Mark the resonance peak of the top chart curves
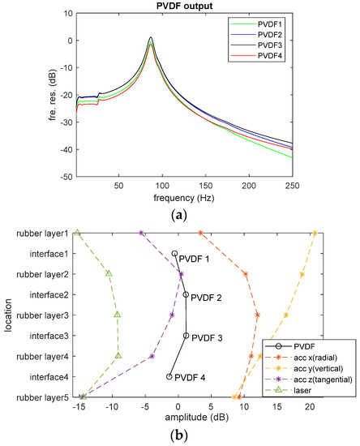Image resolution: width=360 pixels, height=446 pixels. click(151, 38)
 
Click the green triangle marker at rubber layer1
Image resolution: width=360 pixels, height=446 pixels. click(78, 233)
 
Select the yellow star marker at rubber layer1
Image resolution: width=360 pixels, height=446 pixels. click(315, 234)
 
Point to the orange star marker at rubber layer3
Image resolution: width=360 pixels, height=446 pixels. click(257, 315)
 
